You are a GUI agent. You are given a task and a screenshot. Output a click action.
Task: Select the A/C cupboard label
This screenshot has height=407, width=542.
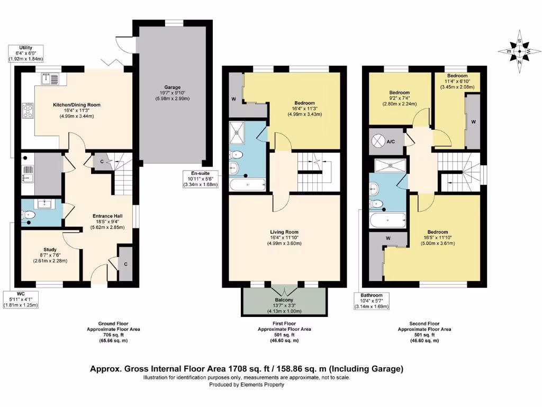point(391,141)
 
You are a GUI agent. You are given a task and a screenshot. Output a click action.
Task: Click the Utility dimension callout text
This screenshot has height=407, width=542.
point(25,53)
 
